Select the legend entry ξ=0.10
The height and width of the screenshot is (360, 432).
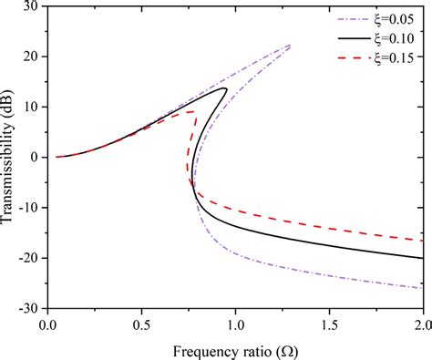point(394,39)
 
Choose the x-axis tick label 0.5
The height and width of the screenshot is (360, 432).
point(140,324)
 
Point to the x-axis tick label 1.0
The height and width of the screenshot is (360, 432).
point(235,324)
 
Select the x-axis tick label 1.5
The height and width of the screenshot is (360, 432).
point(329,324)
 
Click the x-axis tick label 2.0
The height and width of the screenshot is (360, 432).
point(421,324)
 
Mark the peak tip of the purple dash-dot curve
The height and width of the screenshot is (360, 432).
point(291,45)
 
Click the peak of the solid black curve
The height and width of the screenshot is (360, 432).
point(224,88)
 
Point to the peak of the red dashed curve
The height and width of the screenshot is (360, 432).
point(193,111)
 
